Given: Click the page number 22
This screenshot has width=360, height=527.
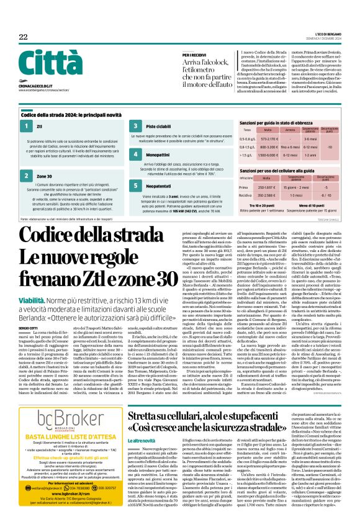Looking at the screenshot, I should pos(23,38).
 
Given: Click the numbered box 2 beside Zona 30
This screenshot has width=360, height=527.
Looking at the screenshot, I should pos(27,176).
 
